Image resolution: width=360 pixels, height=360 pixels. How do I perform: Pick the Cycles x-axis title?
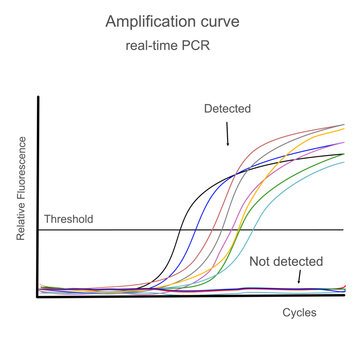(298, 313)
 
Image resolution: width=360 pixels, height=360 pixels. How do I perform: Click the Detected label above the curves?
(227, 107)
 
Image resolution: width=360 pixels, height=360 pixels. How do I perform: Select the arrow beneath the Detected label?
(228, 132)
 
